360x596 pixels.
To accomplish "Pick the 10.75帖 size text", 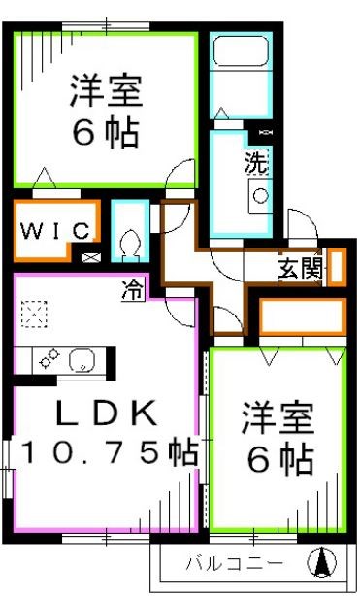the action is click(x=107, y=452).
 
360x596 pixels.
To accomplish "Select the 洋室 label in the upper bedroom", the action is click(x=106, y=93).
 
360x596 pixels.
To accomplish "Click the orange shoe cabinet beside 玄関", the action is click(x=336, y=267).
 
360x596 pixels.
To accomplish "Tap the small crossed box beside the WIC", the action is click(x=90, y=258).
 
